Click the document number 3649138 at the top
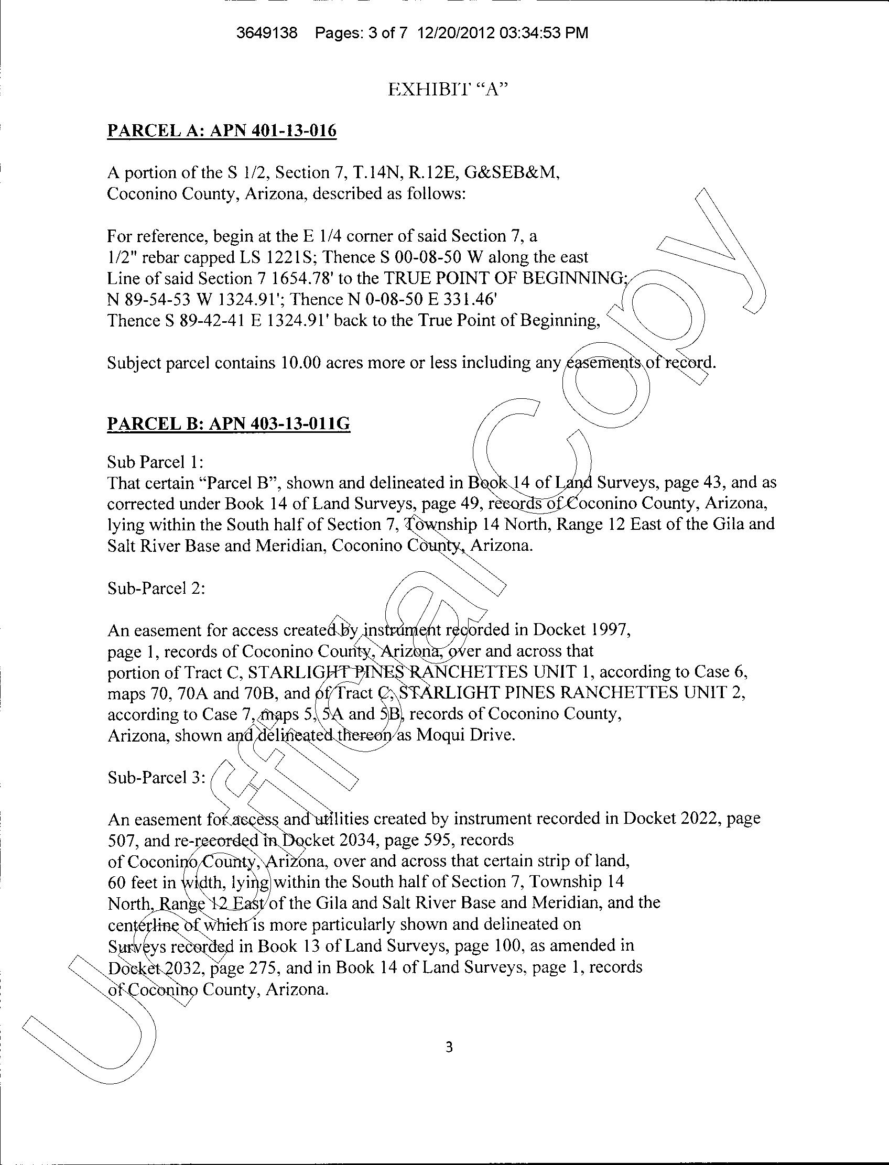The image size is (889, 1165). [x=267, y=34]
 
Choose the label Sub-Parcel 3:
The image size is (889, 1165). [x=156, y=777]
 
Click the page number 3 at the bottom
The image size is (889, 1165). [x=449, y=1047]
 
